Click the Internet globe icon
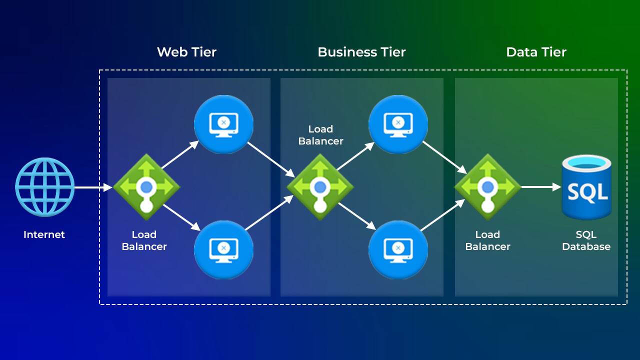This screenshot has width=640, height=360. (45, 187)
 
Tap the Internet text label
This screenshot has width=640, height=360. (44, 234)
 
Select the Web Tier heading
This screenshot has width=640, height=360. (186, 52)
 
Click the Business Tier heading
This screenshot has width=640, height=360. (361, 52)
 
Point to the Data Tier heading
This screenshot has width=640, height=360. (536, 52)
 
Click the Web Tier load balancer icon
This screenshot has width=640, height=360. (146, 187)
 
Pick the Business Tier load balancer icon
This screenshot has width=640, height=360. (320, 187)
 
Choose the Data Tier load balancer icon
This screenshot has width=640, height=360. (487, 187)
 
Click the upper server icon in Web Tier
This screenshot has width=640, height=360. (223, 124)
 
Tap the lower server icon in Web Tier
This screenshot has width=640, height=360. (223, 249)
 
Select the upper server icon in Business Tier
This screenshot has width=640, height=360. (398, 124)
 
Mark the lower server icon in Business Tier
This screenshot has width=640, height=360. (398, 249)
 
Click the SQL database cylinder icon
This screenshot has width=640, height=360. (586, 187)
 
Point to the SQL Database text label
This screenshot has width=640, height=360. (586, 240)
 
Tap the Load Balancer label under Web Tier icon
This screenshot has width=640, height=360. (144, 240)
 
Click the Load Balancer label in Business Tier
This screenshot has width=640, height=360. (320, 135)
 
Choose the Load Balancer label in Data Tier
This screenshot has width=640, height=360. (487, 240)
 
